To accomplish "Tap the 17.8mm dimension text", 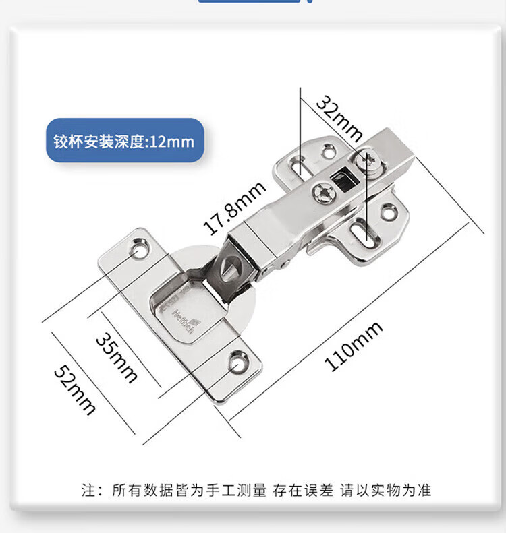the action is coord(226,209).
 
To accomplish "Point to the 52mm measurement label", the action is coord(75,391).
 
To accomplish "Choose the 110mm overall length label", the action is coord(354,346).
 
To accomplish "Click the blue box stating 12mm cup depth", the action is coord(125,141).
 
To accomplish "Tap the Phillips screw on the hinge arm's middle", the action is coord(322,194).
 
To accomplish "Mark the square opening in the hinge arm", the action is coord(341,180).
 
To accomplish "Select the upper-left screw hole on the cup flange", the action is coord(139,250).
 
